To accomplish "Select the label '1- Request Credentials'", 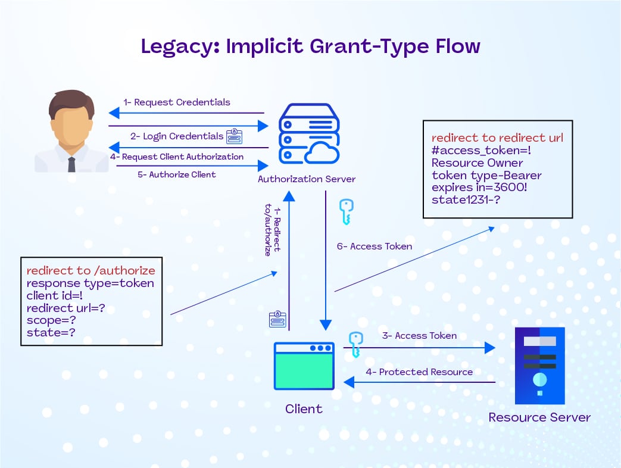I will coord(176,102).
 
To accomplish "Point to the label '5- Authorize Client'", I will coord(177,175).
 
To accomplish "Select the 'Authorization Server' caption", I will coord(307,179).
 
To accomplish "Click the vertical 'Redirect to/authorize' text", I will coord(272,230).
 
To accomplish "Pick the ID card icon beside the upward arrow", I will coord(277,319).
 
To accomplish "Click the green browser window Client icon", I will coord(304,366).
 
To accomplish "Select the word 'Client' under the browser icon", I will coord(304,409).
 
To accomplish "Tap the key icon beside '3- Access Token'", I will coord(355,345).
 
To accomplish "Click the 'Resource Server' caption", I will coord(539,417).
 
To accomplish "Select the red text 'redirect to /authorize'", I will coord(91,271).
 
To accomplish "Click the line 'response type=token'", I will coord(90,283).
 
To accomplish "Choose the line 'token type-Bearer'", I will coord(486,175).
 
